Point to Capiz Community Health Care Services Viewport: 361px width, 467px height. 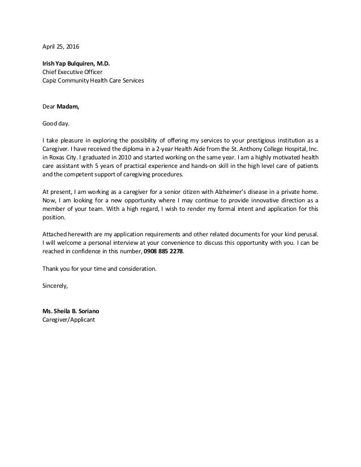point(93,81)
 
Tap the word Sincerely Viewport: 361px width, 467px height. point(55,286)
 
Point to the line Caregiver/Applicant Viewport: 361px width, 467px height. point(69,320)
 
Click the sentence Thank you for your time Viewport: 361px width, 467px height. point(100,269)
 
